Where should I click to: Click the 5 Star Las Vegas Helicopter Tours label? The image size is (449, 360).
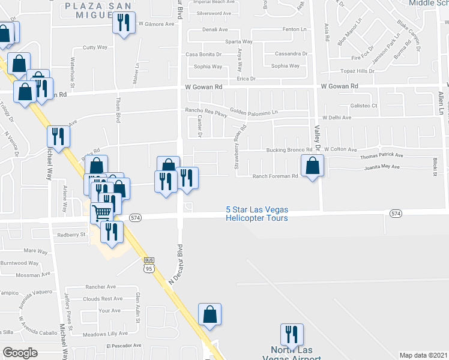[x=257, y=214]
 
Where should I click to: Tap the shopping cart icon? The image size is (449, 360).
[x=102, y=212]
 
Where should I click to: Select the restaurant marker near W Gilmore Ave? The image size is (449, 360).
[x=124, y=22]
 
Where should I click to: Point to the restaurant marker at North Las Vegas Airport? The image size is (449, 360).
[x=292, y=335]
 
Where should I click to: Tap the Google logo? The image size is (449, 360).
[x=20, y=353]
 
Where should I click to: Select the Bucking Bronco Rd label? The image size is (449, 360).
[x=288, y=149]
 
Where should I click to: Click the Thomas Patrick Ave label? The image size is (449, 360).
[x=382, y=156]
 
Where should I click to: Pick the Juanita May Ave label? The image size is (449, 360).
[x=382, y=166]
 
